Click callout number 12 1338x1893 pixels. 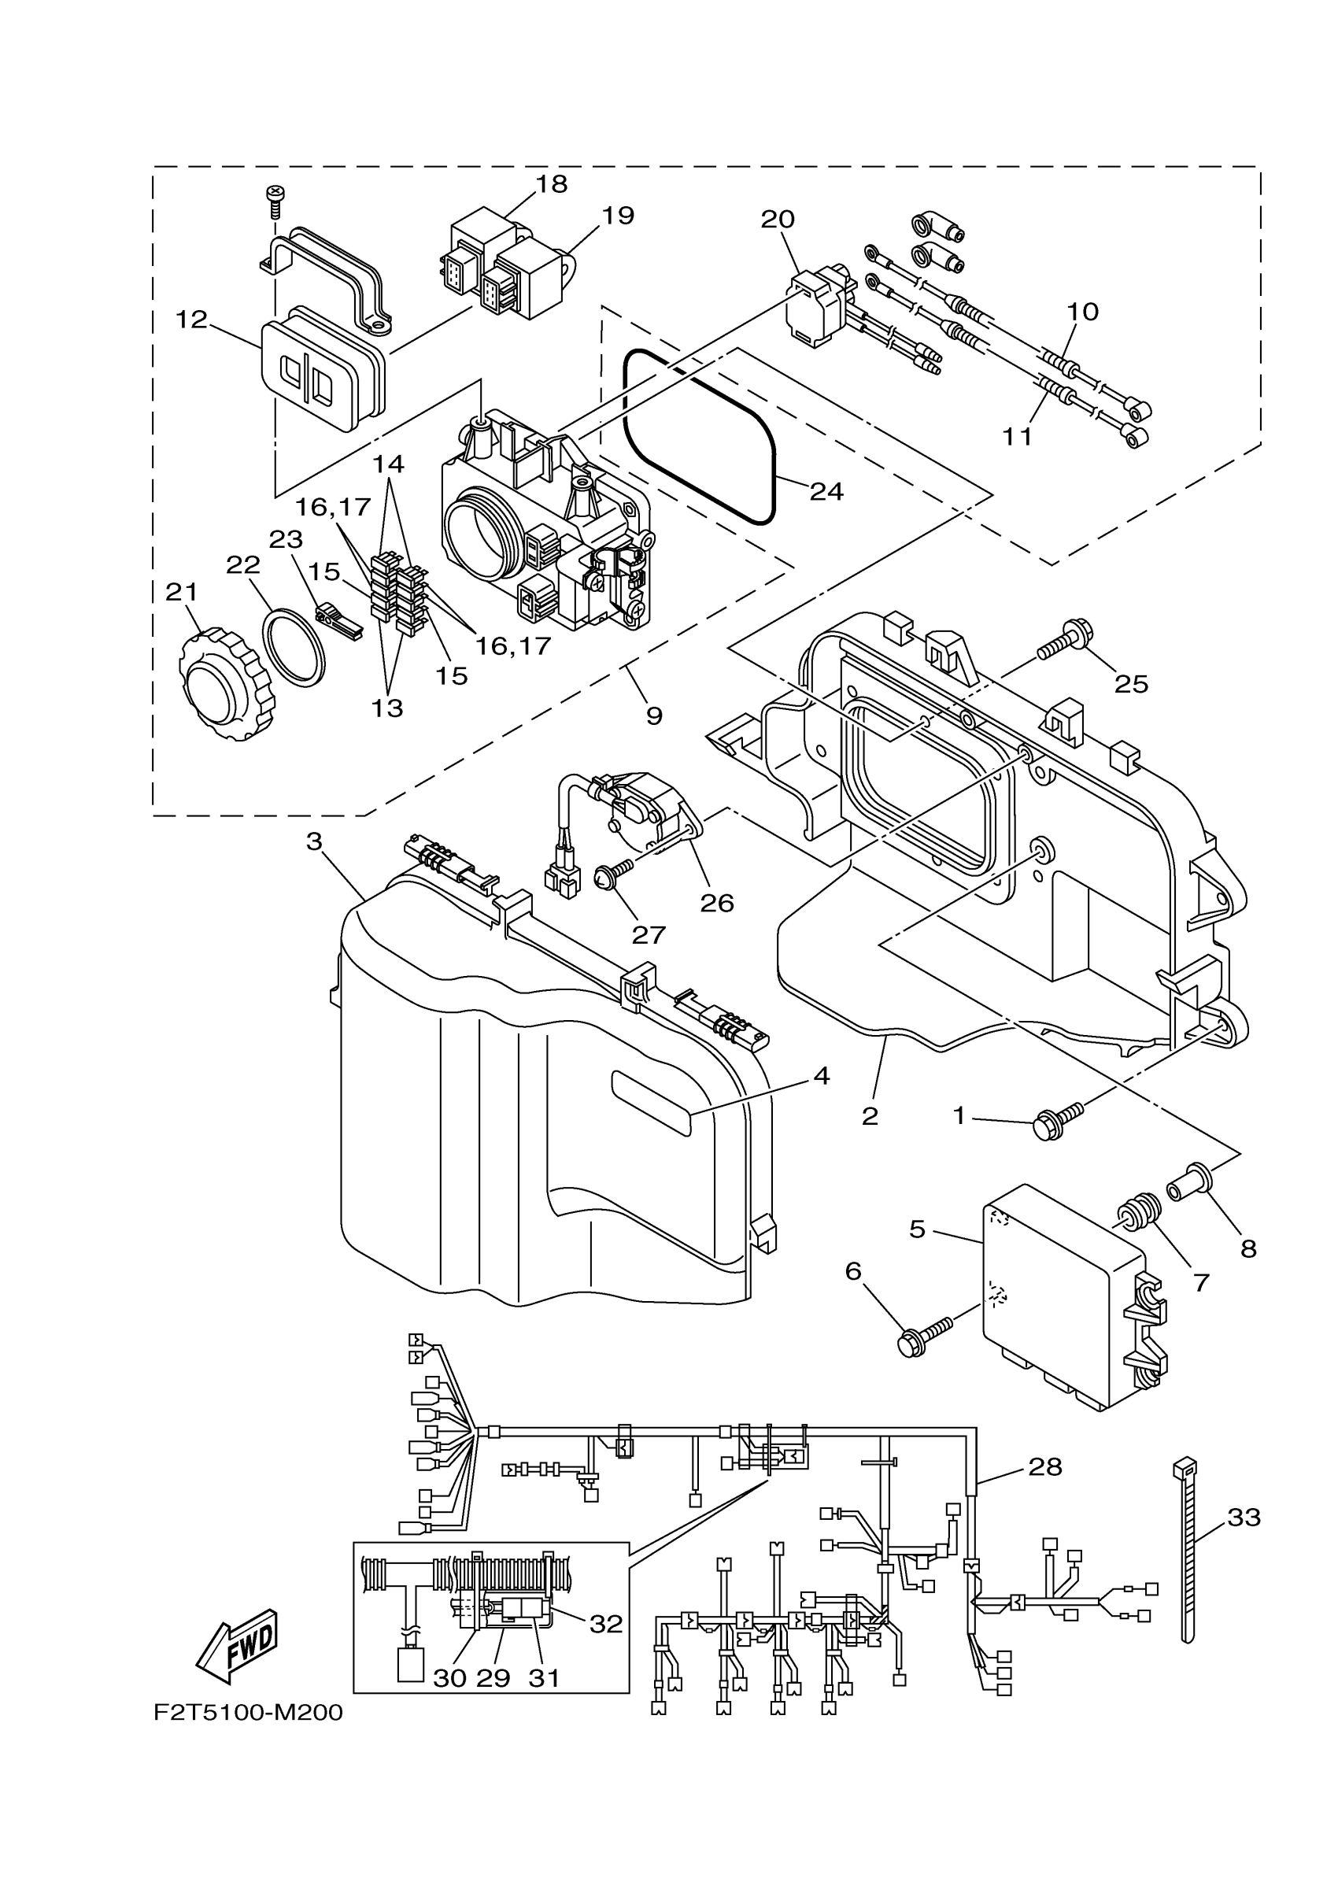pos(191,319)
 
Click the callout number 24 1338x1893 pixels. pos(826,491)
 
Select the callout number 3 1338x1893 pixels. pos(313,841)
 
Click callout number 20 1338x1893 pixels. pos(777,220)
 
